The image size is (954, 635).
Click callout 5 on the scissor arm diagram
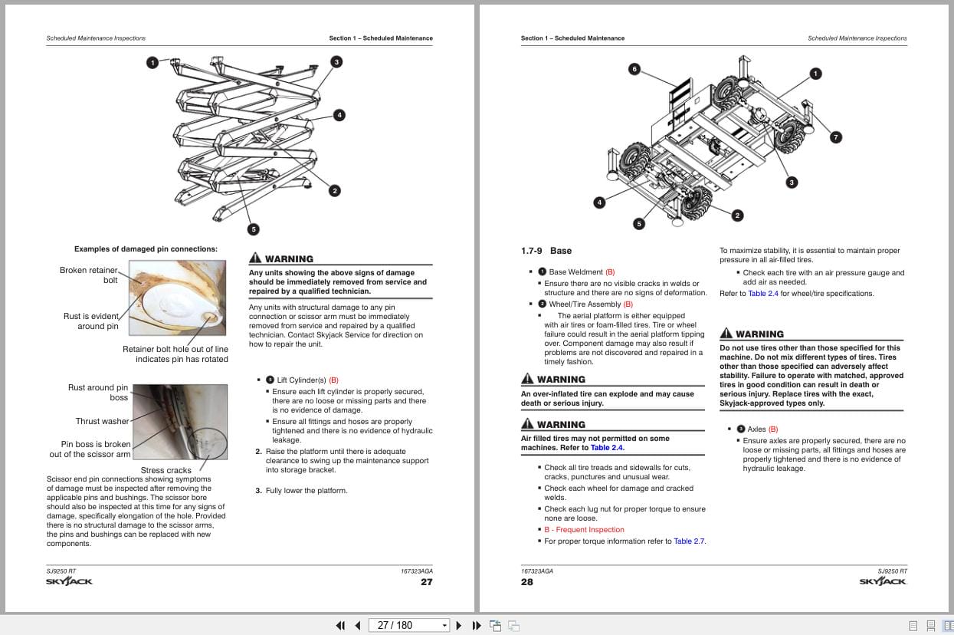point(254,229)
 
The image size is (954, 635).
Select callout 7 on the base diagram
point(836,137)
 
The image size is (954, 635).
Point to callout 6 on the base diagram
point(634,69)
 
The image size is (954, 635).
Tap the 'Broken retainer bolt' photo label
point(89,275)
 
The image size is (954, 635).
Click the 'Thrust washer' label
point(102,421)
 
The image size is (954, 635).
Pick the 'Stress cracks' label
point(166,470)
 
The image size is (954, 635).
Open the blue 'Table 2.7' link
point(689,541)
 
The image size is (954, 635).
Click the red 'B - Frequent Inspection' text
point(584,530)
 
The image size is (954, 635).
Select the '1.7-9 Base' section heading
point(546,251)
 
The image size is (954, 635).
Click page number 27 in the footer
point(426,582)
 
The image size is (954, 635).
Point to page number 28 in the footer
point(527,582)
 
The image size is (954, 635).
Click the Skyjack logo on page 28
point(883,582)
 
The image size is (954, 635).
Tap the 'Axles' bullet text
point(756,429)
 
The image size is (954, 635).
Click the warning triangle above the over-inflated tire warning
point(527,380)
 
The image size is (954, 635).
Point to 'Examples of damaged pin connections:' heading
point(146,249)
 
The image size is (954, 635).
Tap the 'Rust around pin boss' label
point(97,393)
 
